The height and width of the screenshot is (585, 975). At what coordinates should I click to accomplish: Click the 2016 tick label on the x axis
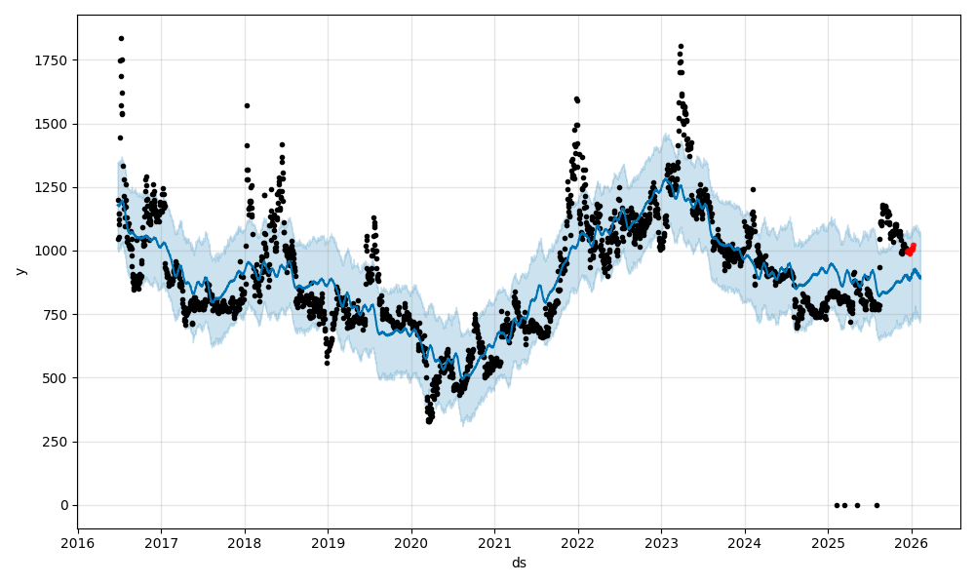[78, 541]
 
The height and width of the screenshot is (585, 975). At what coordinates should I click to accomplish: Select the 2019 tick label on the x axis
[328, 541]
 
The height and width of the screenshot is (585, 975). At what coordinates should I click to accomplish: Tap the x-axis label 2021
[494, 541]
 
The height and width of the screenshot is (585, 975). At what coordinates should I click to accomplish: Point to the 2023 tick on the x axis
[661, 541]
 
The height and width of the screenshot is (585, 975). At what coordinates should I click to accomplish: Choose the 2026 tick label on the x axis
[912, 541]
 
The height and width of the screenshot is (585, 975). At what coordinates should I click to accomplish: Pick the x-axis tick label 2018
[245, 541]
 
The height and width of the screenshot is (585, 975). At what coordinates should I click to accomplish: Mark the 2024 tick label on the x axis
[745, 541]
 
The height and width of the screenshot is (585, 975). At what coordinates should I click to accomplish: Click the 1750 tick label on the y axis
[52, 60]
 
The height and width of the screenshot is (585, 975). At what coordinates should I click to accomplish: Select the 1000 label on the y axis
[52, 251]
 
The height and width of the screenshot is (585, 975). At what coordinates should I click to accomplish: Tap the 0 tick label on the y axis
[64, 505]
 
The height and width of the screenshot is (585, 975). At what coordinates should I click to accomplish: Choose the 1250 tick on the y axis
[52, 187]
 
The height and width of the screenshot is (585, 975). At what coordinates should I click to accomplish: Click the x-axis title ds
[519, 563]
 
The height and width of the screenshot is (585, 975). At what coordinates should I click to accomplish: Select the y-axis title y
[19, 271]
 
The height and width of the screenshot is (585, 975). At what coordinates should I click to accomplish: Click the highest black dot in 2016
[121, 38]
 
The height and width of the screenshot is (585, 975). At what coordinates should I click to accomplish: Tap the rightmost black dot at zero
[877, 505]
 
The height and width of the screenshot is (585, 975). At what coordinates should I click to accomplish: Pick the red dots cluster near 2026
[910, 251]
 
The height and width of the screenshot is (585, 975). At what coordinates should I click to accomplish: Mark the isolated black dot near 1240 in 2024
[753, 189]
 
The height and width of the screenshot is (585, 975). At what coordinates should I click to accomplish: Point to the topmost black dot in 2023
[681, 46]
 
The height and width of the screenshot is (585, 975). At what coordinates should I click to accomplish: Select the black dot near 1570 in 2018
[247, 105]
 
